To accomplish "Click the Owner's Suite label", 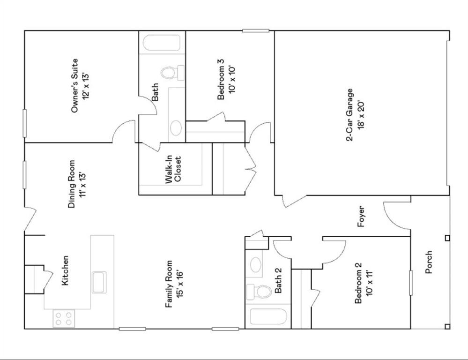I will [x=74, y=86].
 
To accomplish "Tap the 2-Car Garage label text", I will [x=349, y=115].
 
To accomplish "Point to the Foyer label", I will [x=361, y=216].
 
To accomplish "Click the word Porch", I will [x=429, y=262].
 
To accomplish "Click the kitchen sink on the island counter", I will [x=99, y=281].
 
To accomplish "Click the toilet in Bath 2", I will [x=260, y=292].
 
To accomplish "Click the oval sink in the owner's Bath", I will [x=176, y=127].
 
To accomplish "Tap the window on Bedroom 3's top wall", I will [x=256, y=30].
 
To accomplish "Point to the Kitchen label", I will [x=66, y=270].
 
